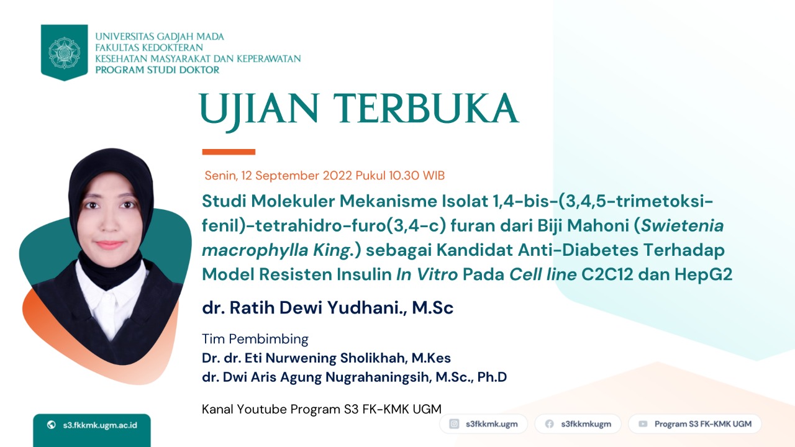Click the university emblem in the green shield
coord(64,53)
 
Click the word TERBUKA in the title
coord(426,108)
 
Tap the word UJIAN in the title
coord(259,111)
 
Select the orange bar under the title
coord(229,152)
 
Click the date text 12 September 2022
coord(297,176)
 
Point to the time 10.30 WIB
coord(417,176)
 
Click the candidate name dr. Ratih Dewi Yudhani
coord(305,307)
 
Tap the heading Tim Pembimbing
coord(255,339)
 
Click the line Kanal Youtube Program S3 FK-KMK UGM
coord(322,409)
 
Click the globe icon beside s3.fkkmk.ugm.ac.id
coord(52,425)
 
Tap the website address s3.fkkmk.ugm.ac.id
coord(100,425)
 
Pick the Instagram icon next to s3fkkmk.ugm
coord(454,424)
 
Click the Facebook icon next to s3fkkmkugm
coord(550,424)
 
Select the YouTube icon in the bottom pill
coord(643,424)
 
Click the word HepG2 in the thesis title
coord(703,274)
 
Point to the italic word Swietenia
coord(682,225)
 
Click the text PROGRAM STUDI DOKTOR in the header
coord(157,70)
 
